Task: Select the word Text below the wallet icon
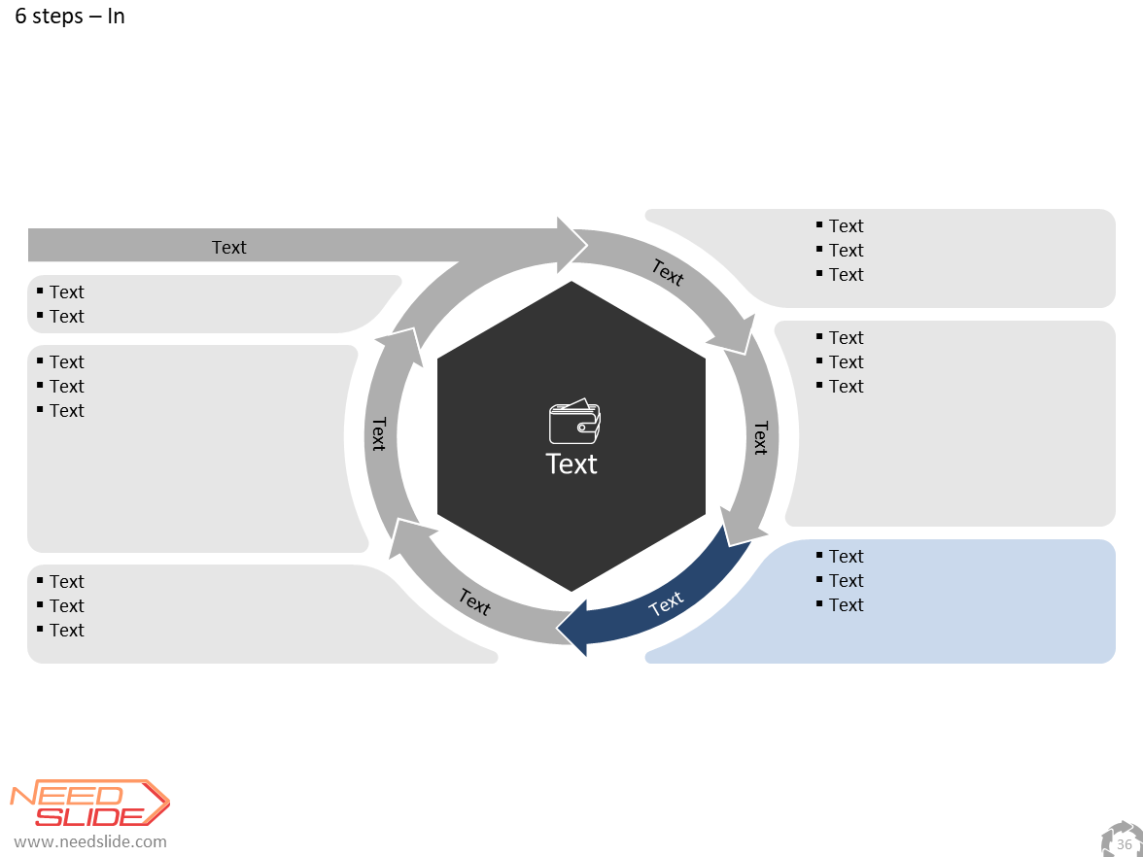(571, 464)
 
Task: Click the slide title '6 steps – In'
(70, 16)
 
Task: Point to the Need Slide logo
(89, 803)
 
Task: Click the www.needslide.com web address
(90, 841)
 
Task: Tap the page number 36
(1124, 844)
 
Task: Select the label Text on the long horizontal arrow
(229, 247)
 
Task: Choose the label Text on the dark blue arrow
(666, 603)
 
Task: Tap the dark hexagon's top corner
(571, 282)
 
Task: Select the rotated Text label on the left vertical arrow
(378, 433)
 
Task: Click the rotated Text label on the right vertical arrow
(761, 437)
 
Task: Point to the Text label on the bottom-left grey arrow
(474, 602)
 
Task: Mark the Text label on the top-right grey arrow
(668, 272)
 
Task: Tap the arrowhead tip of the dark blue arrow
(557, 627)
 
